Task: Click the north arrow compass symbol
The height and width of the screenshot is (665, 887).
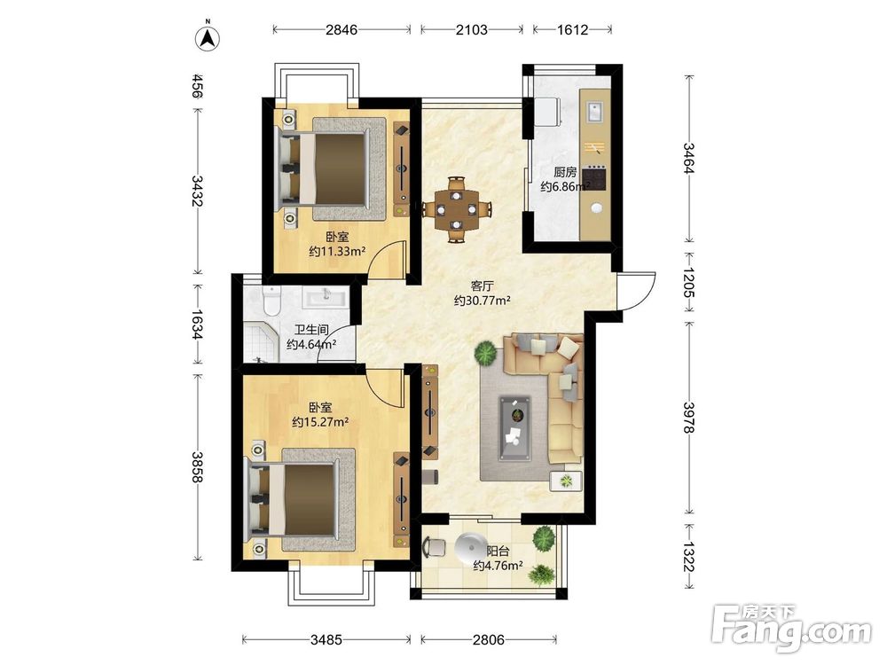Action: pyautogui.click(x=208, y=36)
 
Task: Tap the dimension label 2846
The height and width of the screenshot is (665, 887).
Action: pyautogui.click(x=341, y=29)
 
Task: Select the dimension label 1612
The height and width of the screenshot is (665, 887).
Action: pyautogui.click(x=572, y=29)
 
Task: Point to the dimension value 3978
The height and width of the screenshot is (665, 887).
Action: pyautogui.click(x=688, y=418)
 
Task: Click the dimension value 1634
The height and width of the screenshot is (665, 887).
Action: pyautogui.click(x=197, y=325)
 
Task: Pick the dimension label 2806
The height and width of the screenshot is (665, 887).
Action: pyautogui.click(x=488, y=639)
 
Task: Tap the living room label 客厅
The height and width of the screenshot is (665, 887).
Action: pyautogui.click(x=482, y=286)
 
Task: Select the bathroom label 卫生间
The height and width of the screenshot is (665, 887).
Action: pyautogui.click(x=311, y=330)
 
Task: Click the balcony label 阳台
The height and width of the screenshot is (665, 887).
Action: pyautogui.click(x=498, y=551)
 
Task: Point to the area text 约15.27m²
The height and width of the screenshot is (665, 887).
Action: pyautogui.click(x=320, y=422)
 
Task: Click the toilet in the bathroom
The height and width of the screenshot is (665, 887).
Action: pyautogui.click(x=272, y=301)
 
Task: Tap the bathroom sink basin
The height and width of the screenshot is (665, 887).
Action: pyautogui.click(x=326, y=297)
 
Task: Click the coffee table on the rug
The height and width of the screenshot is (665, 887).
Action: pyautogui.click(x=514, y=428)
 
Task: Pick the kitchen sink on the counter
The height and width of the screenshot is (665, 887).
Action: pyautogui.click(x=594, y=111)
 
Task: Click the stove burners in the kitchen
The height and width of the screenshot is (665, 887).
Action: pyautogui.click(x=594, y=177)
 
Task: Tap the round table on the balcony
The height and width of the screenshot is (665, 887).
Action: pyautogui.click(x=470, y=547)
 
